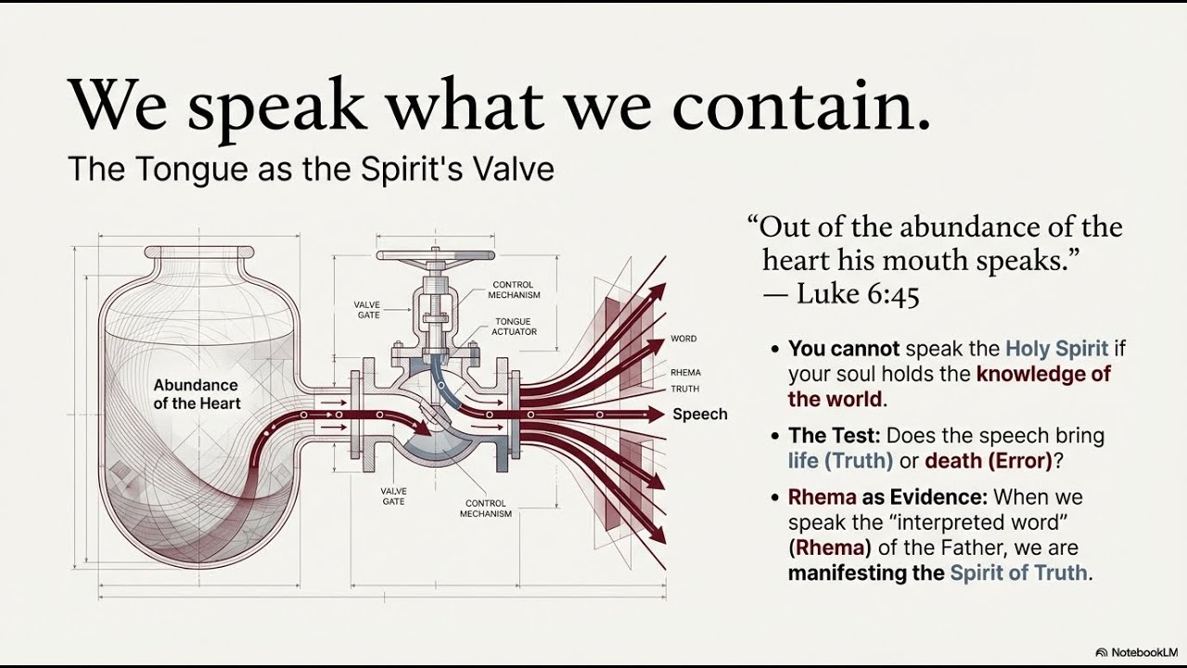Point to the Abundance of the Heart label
[x=196, y=394]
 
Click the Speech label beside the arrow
[x=699, y=414]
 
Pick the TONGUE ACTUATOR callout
[x=513, y=327]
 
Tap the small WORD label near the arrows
[x=683, y=340]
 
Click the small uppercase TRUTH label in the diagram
[x=684, y=389]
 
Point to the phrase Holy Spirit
[x=1057, y=349]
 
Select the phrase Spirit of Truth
[x=1018, y=572]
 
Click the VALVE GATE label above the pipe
[x=368, y=309]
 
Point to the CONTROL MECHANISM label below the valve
[x=486, y=508]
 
